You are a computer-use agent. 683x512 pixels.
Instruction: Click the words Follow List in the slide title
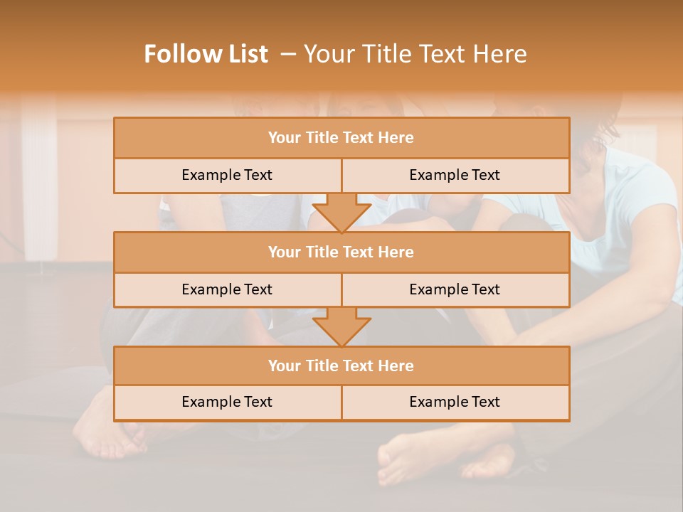[x=206, y=54]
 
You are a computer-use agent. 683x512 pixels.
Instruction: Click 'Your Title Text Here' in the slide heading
[x=415, y=54]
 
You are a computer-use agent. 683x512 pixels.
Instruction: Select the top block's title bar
[x=341, y=138]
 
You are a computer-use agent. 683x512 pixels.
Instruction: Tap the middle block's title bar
[x=341, y=252]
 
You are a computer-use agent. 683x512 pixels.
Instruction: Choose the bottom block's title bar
[x=341, y=366]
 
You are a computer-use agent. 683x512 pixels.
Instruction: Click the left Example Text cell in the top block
[x=227, y=175]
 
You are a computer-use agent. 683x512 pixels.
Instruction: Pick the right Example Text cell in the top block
[x=455, y=175]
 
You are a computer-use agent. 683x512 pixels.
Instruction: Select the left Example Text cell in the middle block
[x=227, y=289]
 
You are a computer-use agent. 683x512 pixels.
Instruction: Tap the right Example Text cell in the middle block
[x=455, y=289]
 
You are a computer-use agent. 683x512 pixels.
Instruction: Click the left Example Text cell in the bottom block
[x=227, y=402]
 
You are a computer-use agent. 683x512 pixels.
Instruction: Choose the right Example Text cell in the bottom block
[x=455, y=402]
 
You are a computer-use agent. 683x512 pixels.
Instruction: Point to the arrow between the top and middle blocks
[x=341, y=213]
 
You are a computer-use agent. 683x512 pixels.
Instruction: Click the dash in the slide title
[x=288, y=54]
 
